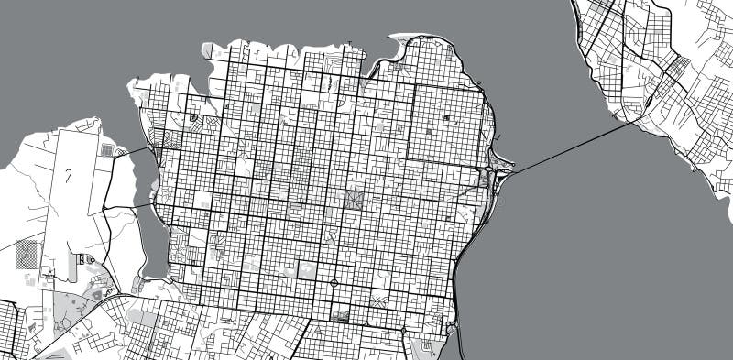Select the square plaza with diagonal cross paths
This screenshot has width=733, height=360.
coord(353,199)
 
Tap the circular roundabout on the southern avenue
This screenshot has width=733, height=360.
coord(334,282)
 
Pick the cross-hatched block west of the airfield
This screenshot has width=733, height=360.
coord(27,253)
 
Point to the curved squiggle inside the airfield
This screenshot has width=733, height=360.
coord(70,174)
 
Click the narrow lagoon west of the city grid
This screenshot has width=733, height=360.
coord(152,238)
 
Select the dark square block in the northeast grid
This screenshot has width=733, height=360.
coord(447,119)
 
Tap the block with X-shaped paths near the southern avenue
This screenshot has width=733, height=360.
coord(377,299)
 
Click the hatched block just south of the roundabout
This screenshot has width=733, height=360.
coord(339,317)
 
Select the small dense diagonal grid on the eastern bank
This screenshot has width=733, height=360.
coord(678,68)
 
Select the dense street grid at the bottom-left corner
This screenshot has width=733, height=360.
coord(9,330)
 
